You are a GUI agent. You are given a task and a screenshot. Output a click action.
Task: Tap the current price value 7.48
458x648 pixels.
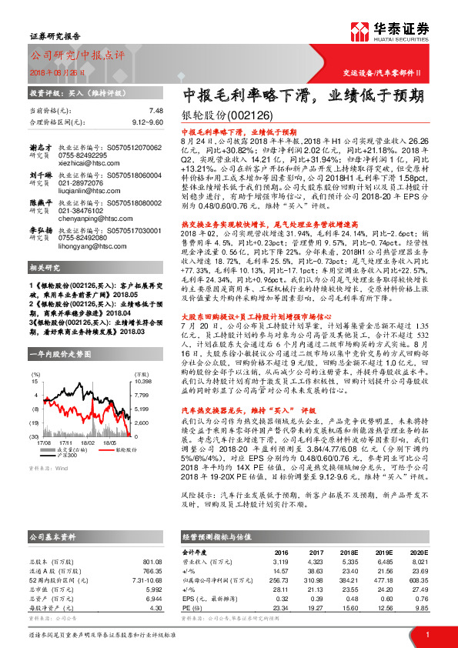pyautogui.click(x=156, y=110)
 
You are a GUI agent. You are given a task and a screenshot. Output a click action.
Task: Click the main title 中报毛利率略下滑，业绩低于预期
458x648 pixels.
pyautogui.click(x=303, y=96)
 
